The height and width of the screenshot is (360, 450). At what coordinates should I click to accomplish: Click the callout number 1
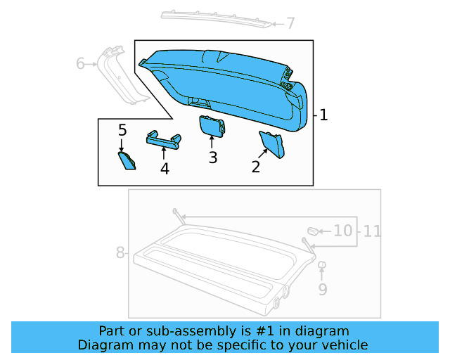323,115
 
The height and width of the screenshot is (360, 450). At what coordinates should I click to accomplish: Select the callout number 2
256,166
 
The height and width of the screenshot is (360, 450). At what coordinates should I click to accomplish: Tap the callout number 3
212,157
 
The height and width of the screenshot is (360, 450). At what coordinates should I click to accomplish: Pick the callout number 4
165,169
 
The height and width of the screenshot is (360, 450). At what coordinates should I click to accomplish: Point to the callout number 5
122,130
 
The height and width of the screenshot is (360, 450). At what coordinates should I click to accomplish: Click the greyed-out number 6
81,65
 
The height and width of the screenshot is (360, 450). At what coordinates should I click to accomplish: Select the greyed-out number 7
290,24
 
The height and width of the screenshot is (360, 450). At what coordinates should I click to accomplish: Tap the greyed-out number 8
120,252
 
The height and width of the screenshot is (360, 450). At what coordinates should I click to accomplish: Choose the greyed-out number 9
323,288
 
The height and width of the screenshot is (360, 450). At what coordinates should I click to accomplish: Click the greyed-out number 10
342,230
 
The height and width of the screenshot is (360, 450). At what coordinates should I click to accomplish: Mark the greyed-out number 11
372,230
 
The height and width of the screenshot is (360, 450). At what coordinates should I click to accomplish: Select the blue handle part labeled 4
163,139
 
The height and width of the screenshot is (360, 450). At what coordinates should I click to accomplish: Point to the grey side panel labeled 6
115,75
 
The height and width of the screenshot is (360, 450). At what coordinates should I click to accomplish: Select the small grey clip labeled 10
313,230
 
